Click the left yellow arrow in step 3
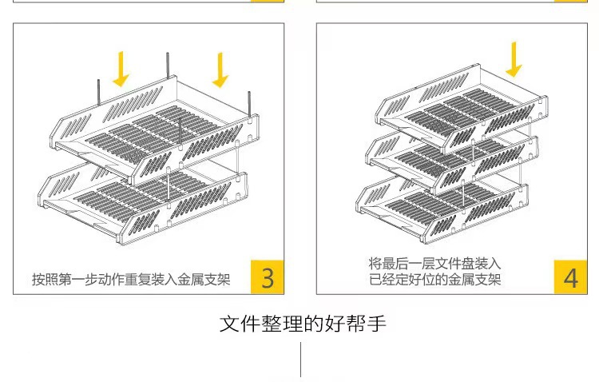tap(121, 69)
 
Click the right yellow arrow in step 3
tap(220, 70)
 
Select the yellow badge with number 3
tap(268, 277)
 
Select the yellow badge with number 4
tap(570, 277)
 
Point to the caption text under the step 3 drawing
tap(131, 280)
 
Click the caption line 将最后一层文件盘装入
tap(435, 263)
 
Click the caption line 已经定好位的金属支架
tap(435, 280)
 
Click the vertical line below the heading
tap(301, 360)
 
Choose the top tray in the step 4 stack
tap(463, 108)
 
